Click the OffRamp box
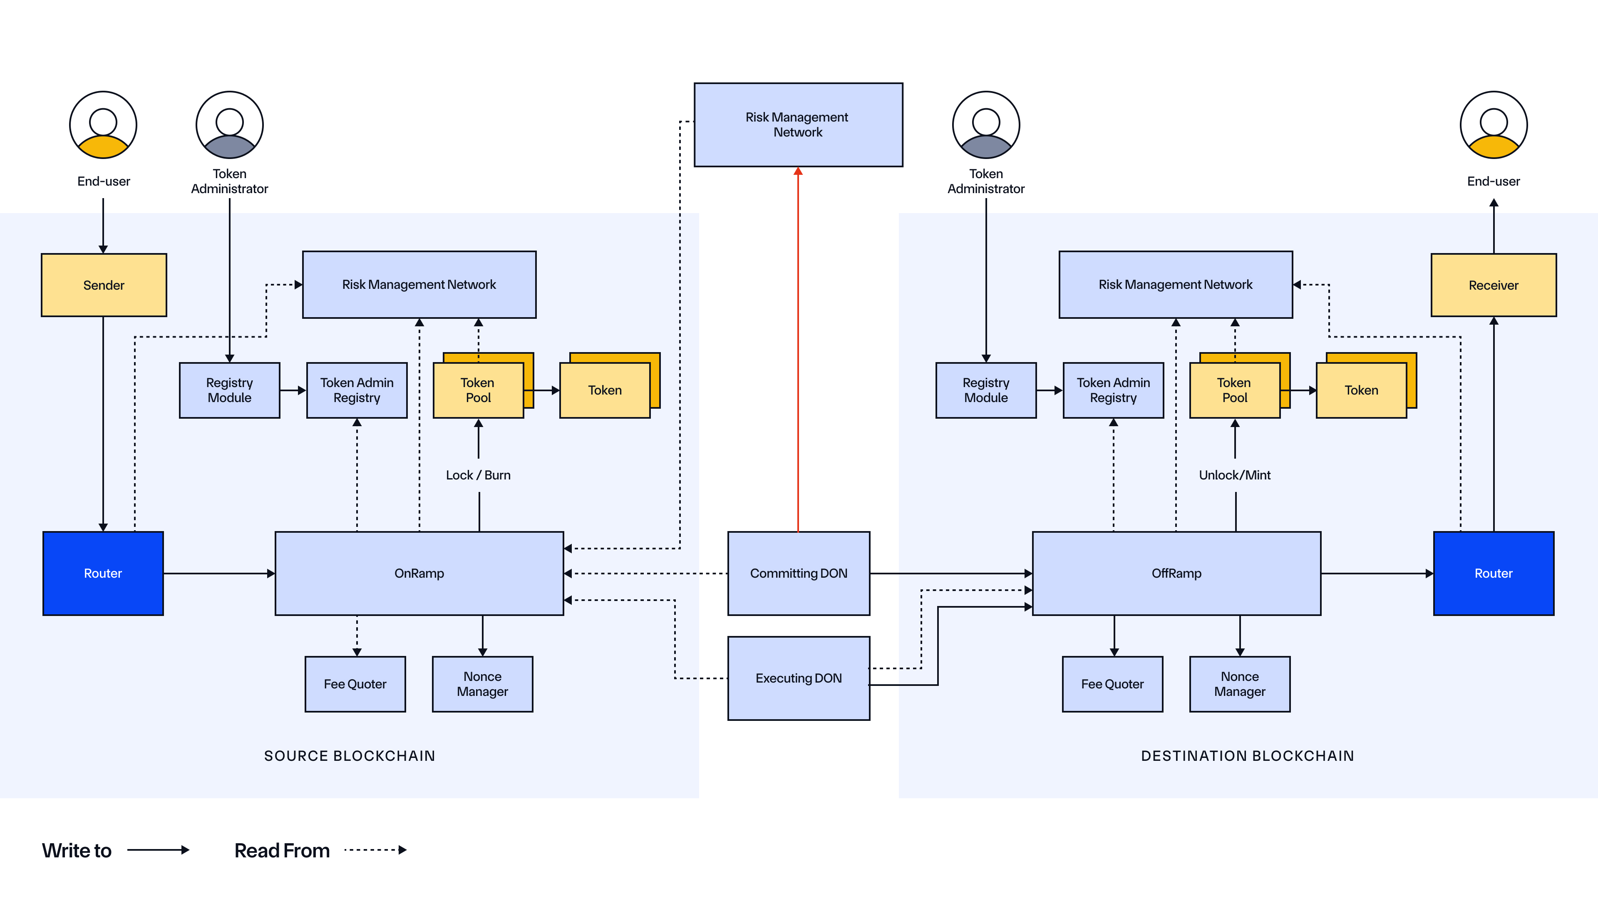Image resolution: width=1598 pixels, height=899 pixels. point(1176,573)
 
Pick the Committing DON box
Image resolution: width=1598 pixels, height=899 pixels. point(799,573)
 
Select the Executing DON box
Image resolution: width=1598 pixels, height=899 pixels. point(799,678)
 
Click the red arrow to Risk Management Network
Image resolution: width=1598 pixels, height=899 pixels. point(798,348)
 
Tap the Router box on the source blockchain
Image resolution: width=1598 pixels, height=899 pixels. point(103,573)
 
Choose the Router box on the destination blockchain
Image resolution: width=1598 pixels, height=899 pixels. point(1493,573)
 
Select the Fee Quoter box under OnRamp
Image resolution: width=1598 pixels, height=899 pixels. point(355,684)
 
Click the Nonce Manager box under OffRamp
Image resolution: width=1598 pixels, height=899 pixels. point(1239,684)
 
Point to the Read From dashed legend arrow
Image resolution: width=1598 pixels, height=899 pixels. point(375,849)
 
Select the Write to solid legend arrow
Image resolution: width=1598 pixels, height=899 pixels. point(158,849)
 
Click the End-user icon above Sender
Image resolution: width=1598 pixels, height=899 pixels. point(103,125)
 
